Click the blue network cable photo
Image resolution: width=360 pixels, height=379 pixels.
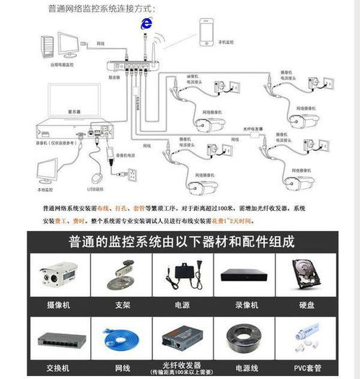point(120,337)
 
